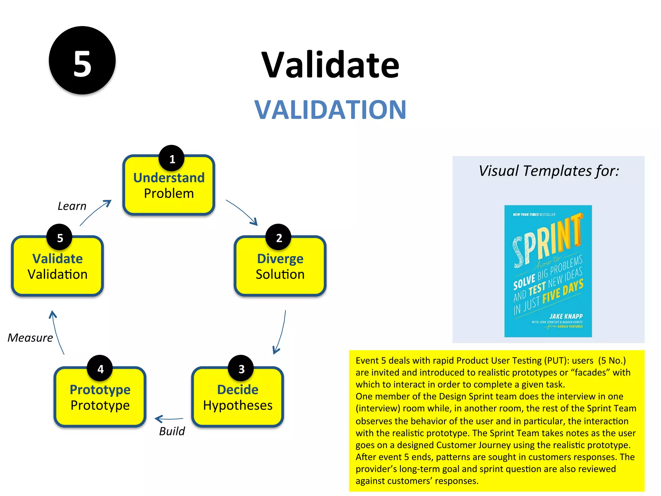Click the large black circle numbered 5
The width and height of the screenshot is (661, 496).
point(82,60)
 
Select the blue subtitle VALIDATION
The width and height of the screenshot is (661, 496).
point(330,110)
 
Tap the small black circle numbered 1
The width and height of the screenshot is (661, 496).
point(172,158)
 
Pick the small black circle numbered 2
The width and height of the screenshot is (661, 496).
point(279,237)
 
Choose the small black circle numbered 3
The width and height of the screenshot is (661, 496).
point(241,368)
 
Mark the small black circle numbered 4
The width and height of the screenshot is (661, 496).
point(100,368)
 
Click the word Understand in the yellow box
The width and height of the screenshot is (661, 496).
point(169,178)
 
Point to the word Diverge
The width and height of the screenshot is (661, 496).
point(280,259)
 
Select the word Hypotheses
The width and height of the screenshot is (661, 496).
point(238,405)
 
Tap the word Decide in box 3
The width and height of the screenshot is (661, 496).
point(238,390)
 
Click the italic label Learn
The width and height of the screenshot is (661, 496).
point(72,206)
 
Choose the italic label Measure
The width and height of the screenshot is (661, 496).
point(30,338)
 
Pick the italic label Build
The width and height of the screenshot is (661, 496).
point(172,431)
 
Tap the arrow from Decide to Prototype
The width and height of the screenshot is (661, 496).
point(169,419)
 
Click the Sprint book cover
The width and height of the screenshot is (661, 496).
point(548,271)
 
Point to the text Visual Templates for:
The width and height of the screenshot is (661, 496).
point(549,171)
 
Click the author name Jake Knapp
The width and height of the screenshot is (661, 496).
point(566,316)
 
